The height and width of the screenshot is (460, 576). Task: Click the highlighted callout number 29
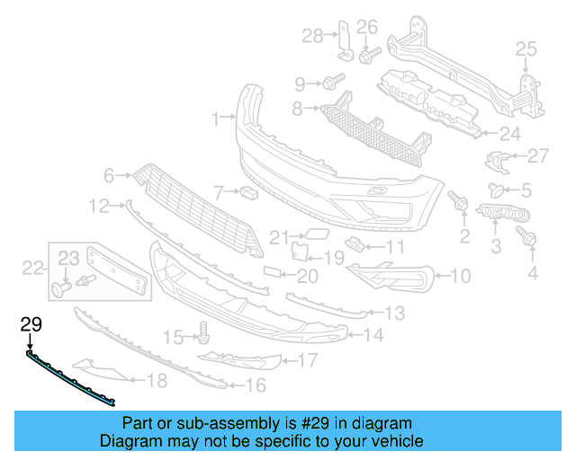[x=31, y=324]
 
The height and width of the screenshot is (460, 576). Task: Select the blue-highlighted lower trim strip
[x=72, y=378]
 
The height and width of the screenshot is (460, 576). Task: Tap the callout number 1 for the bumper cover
[x=216, y=118]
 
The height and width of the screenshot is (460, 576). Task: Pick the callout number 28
[x=312, y=36]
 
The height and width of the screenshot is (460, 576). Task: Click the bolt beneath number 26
[x=367, y=55]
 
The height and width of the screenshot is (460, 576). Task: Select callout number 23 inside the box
[x=69, y=259]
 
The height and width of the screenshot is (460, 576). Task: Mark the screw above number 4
[x=528, y=238]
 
